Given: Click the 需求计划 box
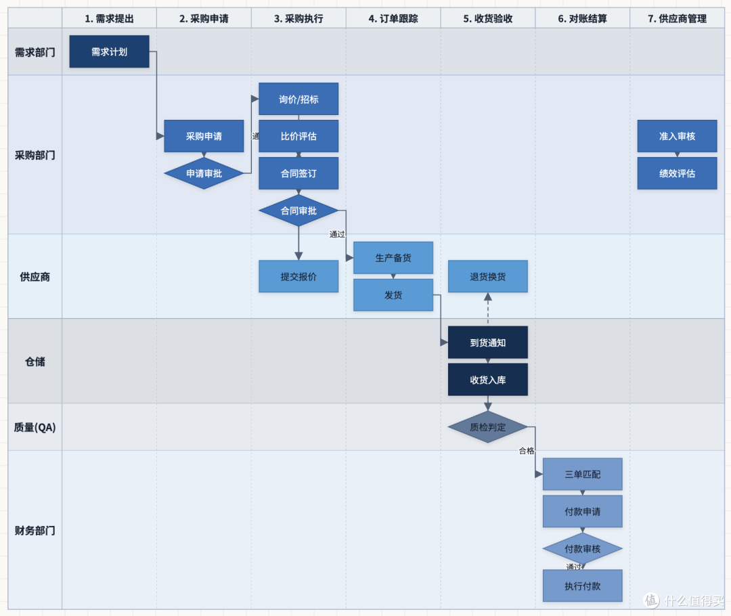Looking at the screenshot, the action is pyautogui.click(x=109, y=51).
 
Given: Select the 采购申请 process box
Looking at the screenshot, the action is pyautogui.click(x=204, y=136).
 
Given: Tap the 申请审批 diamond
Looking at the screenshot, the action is pyautogui.click(x=204, y=173).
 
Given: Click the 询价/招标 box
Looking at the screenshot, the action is pyautogui.click(x=298, y=99).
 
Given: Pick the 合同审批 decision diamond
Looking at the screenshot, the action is pyautogui.click(x=298, y=211).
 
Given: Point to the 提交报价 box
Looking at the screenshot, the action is pyautogui.click(x=298, y=277).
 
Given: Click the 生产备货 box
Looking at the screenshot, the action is pyautogui.click(x=393, y=258).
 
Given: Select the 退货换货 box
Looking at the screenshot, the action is pyautogui.click(x=487, y=277).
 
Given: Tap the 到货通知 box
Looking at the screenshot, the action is pyautogui.click(x=487, y=343).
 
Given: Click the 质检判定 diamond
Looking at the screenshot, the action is pyautogui.click(x=487, y=427).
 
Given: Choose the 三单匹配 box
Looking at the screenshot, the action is pyautogui.click(x=582, y=475).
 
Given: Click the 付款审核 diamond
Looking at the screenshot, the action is pyautogui.click(x=582, y=549).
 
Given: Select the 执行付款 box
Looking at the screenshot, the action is pyautogui.click(x=582, y=586).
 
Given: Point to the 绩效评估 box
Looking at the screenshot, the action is pyautogui.click(x=677, y=173).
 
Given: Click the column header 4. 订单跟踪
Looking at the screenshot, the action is pyautogui.click(x=393, y=19).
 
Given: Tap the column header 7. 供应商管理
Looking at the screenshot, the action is pyautogui.click(x=677, y=19).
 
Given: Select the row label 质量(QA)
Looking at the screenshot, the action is pyautogui.click(x=35, y=427).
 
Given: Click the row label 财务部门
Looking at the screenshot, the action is pyautogui.click(x=35, y=530).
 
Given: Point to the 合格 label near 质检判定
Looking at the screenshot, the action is pyautogui.click(x=527, y=451).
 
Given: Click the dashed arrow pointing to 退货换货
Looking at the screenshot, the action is pyautogui.click(x=487, y=308).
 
